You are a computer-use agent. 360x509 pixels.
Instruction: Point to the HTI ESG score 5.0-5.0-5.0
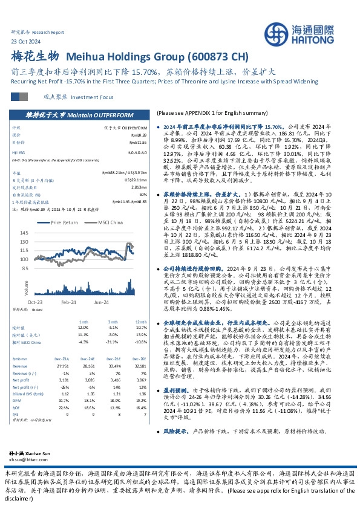pos(138,154)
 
